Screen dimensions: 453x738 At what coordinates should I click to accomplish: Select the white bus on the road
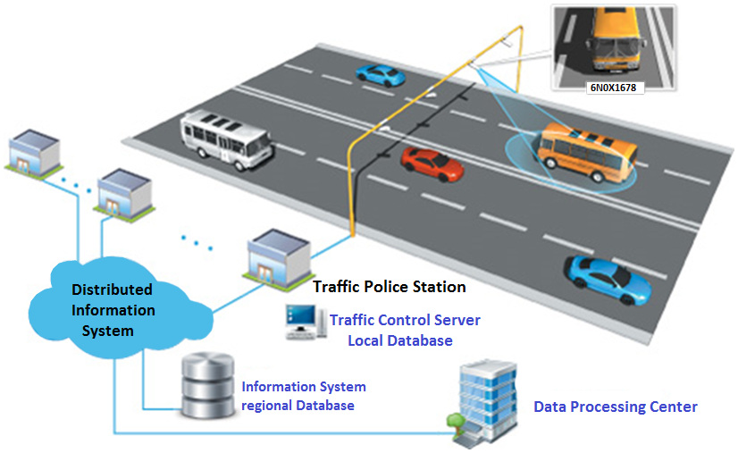tap(226, 138)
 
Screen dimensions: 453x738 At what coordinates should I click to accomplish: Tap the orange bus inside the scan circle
tap(587, 150)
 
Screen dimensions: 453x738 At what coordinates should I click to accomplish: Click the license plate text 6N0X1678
tap(614, 88)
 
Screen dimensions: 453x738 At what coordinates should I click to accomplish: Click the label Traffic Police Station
tap(389, 287)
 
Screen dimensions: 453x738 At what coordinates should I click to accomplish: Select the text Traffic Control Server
tap(405, 320)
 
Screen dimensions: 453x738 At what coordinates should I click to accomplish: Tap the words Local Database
tap(399, 340)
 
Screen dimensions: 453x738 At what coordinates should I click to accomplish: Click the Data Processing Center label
tap(615, 407)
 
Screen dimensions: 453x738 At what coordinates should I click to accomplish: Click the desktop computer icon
tap(302, 323)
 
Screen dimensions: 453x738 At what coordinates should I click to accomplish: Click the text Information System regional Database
tap(303, 396)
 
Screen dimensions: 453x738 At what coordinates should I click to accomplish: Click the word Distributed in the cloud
tap(112, 289)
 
